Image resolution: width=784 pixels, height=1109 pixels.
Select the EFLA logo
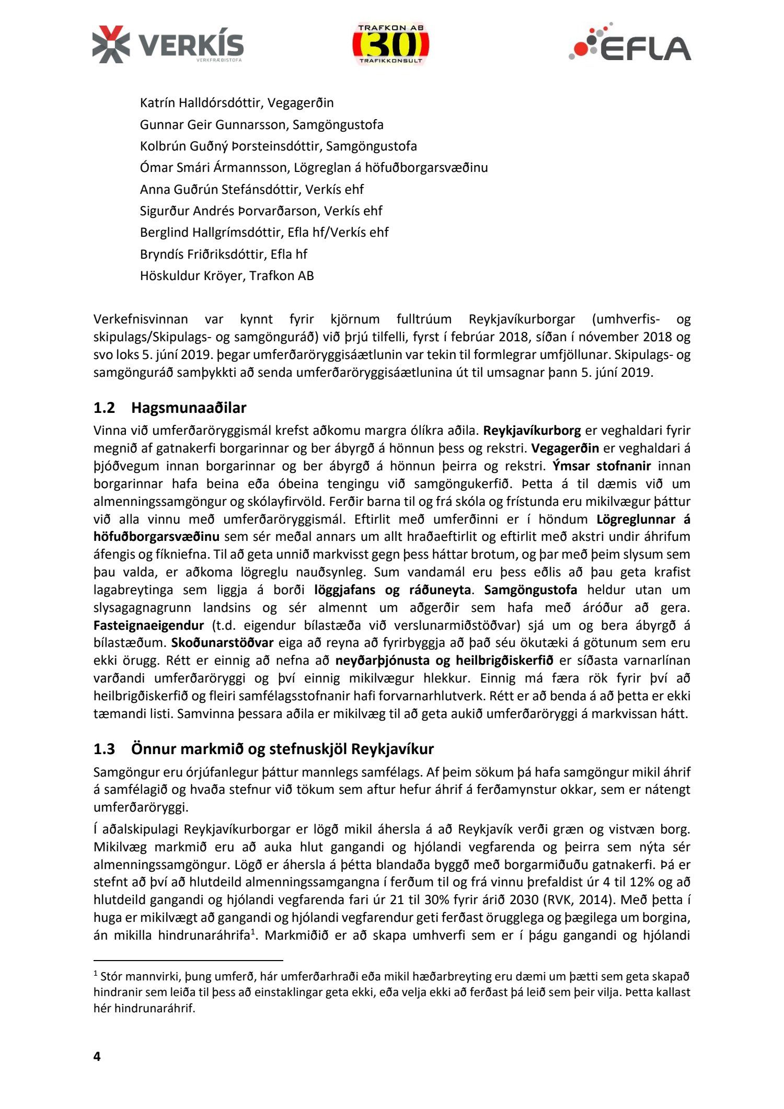[x=630, y=43]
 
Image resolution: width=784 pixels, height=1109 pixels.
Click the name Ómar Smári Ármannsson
[x=213, y=168]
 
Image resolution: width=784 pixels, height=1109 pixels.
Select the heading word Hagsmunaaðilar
[x=189, y=408]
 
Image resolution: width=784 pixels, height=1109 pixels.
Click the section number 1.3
[x=104, y=749]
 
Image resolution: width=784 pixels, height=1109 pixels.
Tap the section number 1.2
[x=104, y=408]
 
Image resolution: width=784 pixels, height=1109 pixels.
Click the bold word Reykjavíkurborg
[x=532, y=431]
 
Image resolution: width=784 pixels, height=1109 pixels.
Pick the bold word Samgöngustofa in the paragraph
[x=531, y=590]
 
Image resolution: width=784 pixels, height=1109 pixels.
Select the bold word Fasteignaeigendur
[x=148, y=626]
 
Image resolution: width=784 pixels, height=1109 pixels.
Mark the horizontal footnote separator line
[x=188, y=961]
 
